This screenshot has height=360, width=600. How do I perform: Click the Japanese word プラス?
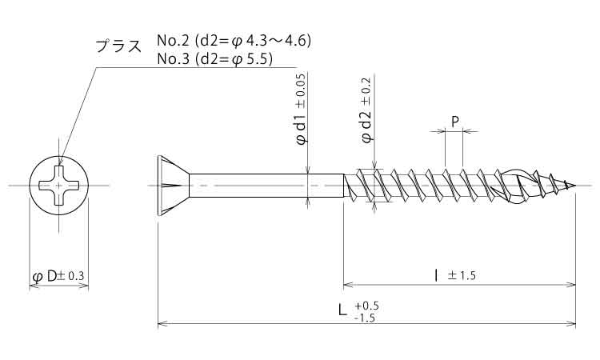tap(118, 46)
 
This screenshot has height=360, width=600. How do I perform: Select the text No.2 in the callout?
tap(173, 40)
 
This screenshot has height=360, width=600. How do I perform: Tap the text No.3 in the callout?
tap(173, 59)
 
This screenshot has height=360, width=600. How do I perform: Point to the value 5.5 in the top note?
tap(257, 59)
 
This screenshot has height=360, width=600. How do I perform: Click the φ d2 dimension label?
tap(367, 126)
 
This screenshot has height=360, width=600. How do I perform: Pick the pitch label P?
tap(455, 122)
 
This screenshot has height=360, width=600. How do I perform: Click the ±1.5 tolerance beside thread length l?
tap(462, 275)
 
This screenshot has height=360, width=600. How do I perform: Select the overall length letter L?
tap(342, 309)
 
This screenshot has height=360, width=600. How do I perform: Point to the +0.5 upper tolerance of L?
tap(366, 306)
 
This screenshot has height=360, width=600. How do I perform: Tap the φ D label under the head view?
tap(44, 276)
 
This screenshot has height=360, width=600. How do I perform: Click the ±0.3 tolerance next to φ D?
tap(70, 276)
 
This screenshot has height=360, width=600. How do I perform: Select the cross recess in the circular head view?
tap(59, 186)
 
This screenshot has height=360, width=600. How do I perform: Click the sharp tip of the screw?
tap(575, 186)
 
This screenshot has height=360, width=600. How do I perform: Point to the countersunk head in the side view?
tap(173, 186)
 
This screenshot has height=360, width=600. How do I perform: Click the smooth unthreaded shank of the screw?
tap(266, 186)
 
